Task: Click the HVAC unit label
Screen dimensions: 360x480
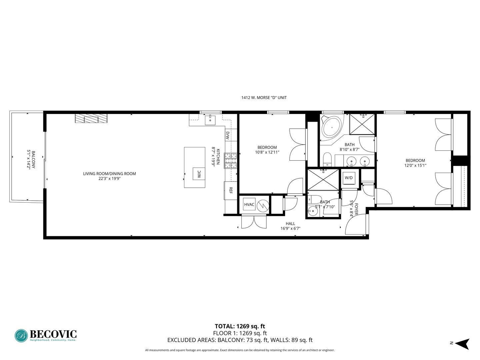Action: [x=249, y=204]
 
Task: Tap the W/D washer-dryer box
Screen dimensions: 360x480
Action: [x=349, y=178]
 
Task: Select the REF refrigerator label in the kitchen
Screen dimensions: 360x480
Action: [x=230, y=191]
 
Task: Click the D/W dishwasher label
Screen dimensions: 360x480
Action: [x=228, y=135]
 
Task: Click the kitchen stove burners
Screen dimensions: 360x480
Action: [x=230, y=161]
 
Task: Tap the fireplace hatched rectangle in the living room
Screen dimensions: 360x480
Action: [x=91, y=119]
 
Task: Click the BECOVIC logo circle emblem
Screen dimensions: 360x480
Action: [x=21, y=336]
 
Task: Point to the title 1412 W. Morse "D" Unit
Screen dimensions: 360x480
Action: [x=264, y=98]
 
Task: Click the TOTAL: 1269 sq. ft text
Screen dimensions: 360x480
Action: [x=240, y=326]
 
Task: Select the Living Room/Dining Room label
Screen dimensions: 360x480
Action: [x=109, y=174]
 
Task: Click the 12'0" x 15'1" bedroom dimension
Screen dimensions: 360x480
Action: [x=415, y=165]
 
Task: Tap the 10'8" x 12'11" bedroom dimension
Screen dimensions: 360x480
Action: [x=267, y=152]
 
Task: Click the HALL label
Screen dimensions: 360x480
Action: [x=290, y=224]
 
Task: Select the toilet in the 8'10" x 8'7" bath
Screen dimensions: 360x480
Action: [x=327, y=159]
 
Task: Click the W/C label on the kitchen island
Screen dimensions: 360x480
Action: [x=199, y=174]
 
